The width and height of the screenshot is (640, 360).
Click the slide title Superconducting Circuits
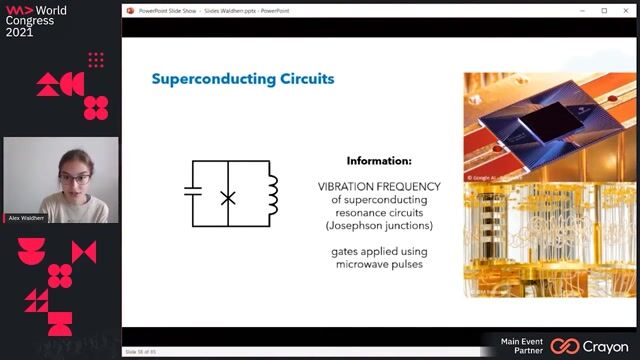[x=242, y=78]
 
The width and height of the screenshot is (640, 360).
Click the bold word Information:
[x=379, y=160]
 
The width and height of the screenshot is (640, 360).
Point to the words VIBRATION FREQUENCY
[x=379, y=186]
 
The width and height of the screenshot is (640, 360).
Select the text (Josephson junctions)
[x=379, y=225]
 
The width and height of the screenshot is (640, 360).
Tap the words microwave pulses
[x=379, y=265]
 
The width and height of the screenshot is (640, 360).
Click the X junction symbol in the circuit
[x=228, y=198]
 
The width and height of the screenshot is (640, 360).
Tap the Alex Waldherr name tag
[x=24, y=217]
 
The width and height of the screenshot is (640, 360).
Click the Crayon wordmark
[x=604, y=346]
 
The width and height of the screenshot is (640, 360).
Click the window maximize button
[x=604, y=10]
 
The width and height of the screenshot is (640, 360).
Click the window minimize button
[x=583, y=10]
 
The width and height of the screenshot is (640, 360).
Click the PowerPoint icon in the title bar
[x=131, y=10]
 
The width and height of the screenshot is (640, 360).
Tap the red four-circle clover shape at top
[x=96, y=106]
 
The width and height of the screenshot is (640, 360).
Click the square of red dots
[x=96, y=60]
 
